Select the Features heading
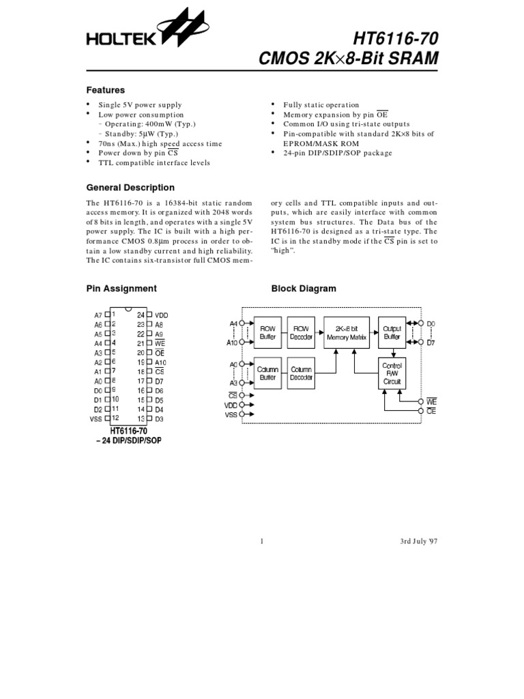(105, 90)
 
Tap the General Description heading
(130, 188)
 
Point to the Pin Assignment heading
(121, 289)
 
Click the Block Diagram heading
(304, 289)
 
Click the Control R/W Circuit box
(392, 374)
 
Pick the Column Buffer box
(267, 373)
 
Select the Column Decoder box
(301, 373)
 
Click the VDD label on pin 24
(161, 315)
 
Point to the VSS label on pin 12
(96, 418)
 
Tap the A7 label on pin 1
(98, 315)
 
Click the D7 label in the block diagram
(431, 342)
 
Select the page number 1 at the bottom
(262, 542)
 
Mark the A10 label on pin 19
(160, 362)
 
